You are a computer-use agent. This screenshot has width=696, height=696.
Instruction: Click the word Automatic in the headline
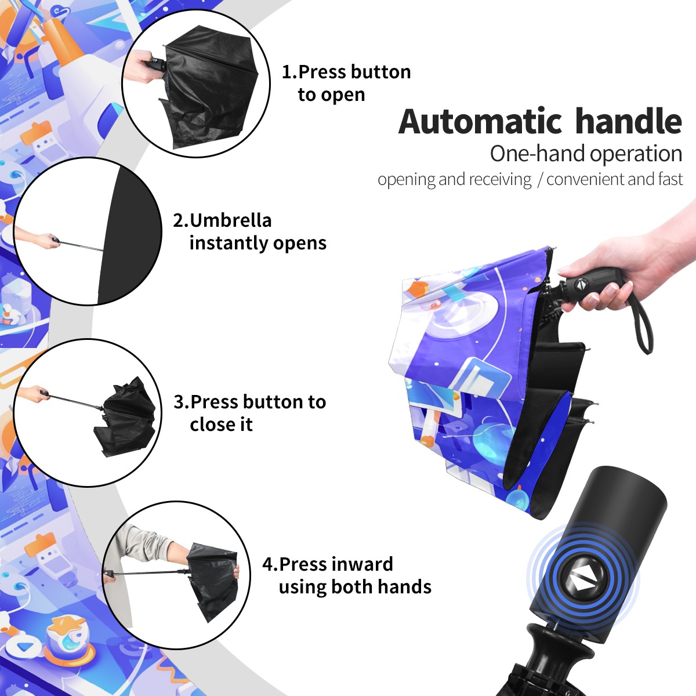click(480, 122)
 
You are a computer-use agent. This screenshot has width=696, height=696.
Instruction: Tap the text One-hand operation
click(586, 154)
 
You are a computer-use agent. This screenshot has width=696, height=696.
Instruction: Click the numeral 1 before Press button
click(287, 72)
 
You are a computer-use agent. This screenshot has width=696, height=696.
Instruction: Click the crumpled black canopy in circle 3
click(126, 419)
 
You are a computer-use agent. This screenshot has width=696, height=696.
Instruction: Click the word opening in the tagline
click(407, 180)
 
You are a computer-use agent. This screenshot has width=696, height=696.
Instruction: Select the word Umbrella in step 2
click(230, 220)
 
